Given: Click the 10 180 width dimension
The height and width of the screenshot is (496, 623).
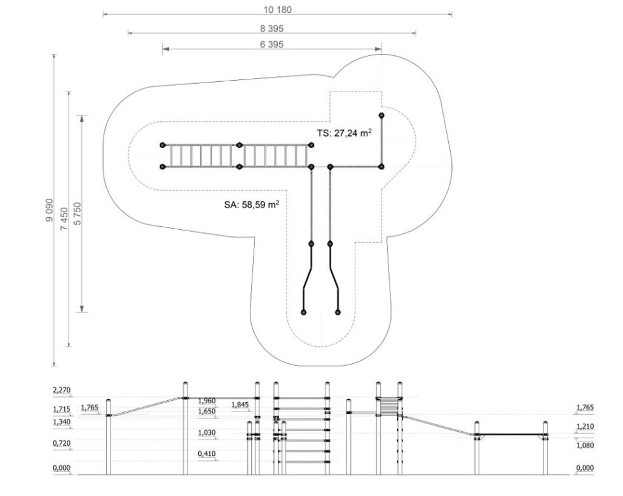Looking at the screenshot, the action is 277,10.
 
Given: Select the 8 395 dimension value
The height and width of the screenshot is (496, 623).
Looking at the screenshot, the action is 272,29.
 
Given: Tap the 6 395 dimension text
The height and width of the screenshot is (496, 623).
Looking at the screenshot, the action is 272,44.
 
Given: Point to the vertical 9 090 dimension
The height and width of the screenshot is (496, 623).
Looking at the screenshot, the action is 50,210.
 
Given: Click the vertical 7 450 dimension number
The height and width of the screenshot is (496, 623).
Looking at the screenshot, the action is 64,218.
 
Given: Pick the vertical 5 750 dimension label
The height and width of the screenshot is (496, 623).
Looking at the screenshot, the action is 78,214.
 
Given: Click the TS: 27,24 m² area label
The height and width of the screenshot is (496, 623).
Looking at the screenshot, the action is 344,133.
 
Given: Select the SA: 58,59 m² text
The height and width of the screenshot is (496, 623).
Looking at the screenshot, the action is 252,204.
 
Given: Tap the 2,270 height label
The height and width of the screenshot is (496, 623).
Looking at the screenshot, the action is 62,390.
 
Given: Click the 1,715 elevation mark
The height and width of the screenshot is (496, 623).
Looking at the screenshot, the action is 62,409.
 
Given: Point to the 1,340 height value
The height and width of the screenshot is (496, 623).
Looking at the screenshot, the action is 62,422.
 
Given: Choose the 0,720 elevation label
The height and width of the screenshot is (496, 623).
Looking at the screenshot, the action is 62,443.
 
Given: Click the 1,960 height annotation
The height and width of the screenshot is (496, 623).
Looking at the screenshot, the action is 207,401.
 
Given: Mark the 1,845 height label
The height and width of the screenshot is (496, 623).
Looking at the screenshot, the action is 240,405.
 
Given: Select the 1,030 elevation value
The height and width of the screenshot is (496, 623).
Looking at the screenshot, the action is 207,432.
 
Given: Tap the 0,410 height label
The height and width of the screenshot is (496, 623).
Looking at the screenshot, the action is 207,453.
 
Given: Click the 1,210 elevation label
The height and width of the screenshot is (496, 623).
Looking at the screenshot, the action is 585,427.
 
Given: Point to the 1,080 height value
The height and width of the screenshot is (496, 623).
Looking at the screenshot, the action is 585,445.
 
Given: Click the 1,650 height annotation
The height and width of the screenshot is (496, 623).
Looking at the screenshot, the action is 207,411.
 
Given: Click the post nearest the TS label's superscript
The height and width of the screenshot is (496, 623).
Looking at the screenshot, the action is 381,116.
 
